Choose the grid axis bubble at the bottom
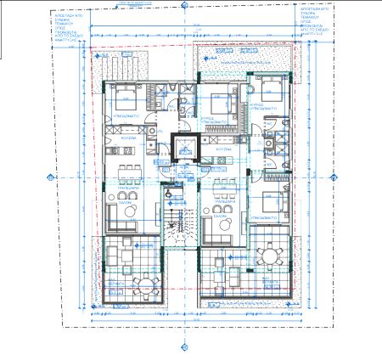[x=184, y=346]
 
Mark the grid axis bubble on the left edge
[x=51, y=177]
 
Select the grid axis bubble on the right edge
[x=332, y=177]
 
